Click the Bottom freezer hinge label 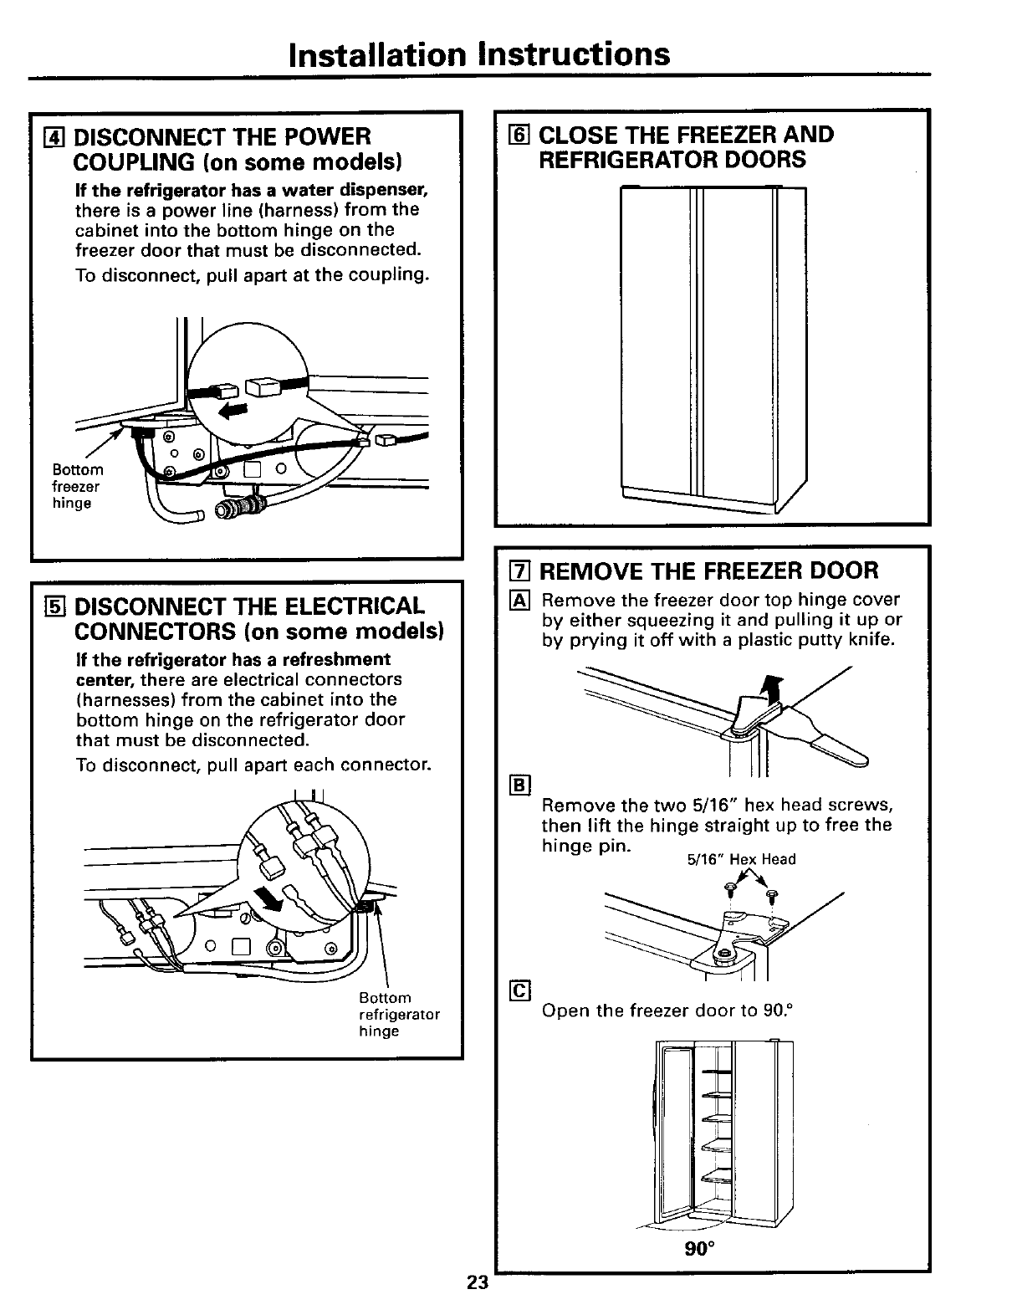tap(77, 486)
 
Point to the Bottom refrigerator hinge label tap(398, 1015)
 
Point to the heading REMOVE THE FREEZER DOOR tap(708, 571)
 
